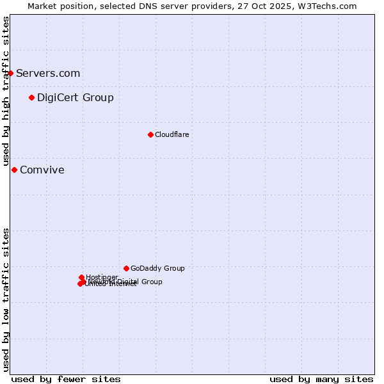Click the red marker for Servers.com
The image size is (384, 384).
tap(10, 73)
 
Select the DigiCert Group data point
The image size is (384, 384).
tap(31, 97)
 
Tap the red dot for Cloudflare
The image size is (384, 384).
tap(150, 134)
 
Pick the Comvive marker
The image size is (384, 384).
tap(14, 170)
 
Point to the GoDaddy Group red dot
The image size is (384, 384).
tap(126, 268)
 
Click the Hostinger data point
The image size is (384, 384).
tap(81, 277)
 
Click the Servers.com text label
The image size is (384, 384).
tap(48, 73)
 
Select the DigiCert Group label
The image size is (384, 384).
tap(76, 97)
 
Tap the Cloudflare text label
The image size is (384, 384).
tap(172, 134)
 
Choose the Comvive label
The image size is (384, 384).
tap(42, 170)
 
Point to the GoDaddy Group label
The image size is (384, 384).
tap(157, 268)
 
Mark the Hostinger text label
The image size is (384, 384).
tap(102, 276)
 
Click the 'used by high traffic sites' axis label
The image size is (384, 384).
tap(6, 91)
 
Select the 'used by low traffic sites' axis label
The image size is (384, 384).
tap(6, 299)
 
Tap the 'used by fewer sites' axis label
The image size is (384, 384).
tap(66, 379)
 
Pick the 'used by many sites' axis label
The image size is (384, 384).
tap(321, 379)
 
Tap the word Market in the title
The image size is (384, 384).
tap(43, 6)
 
